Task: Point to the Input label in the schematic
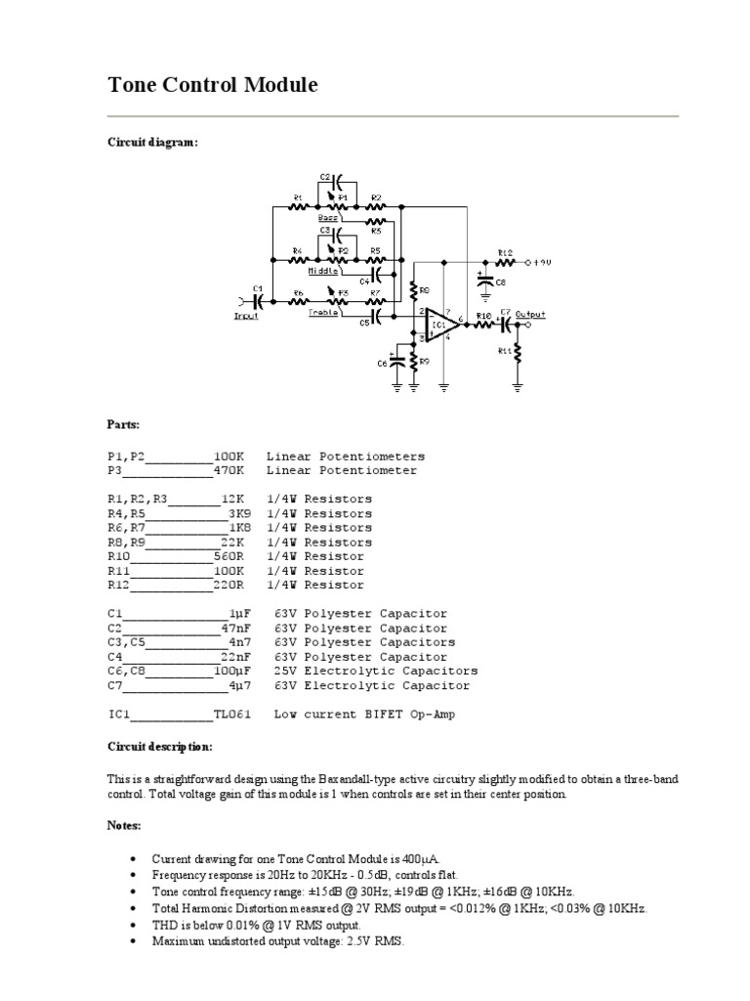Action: [x=246, y=316]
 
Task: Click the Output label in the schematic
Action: [x=530, y=314]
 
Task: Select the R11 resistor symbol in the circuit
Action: [x=518, y=354]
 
